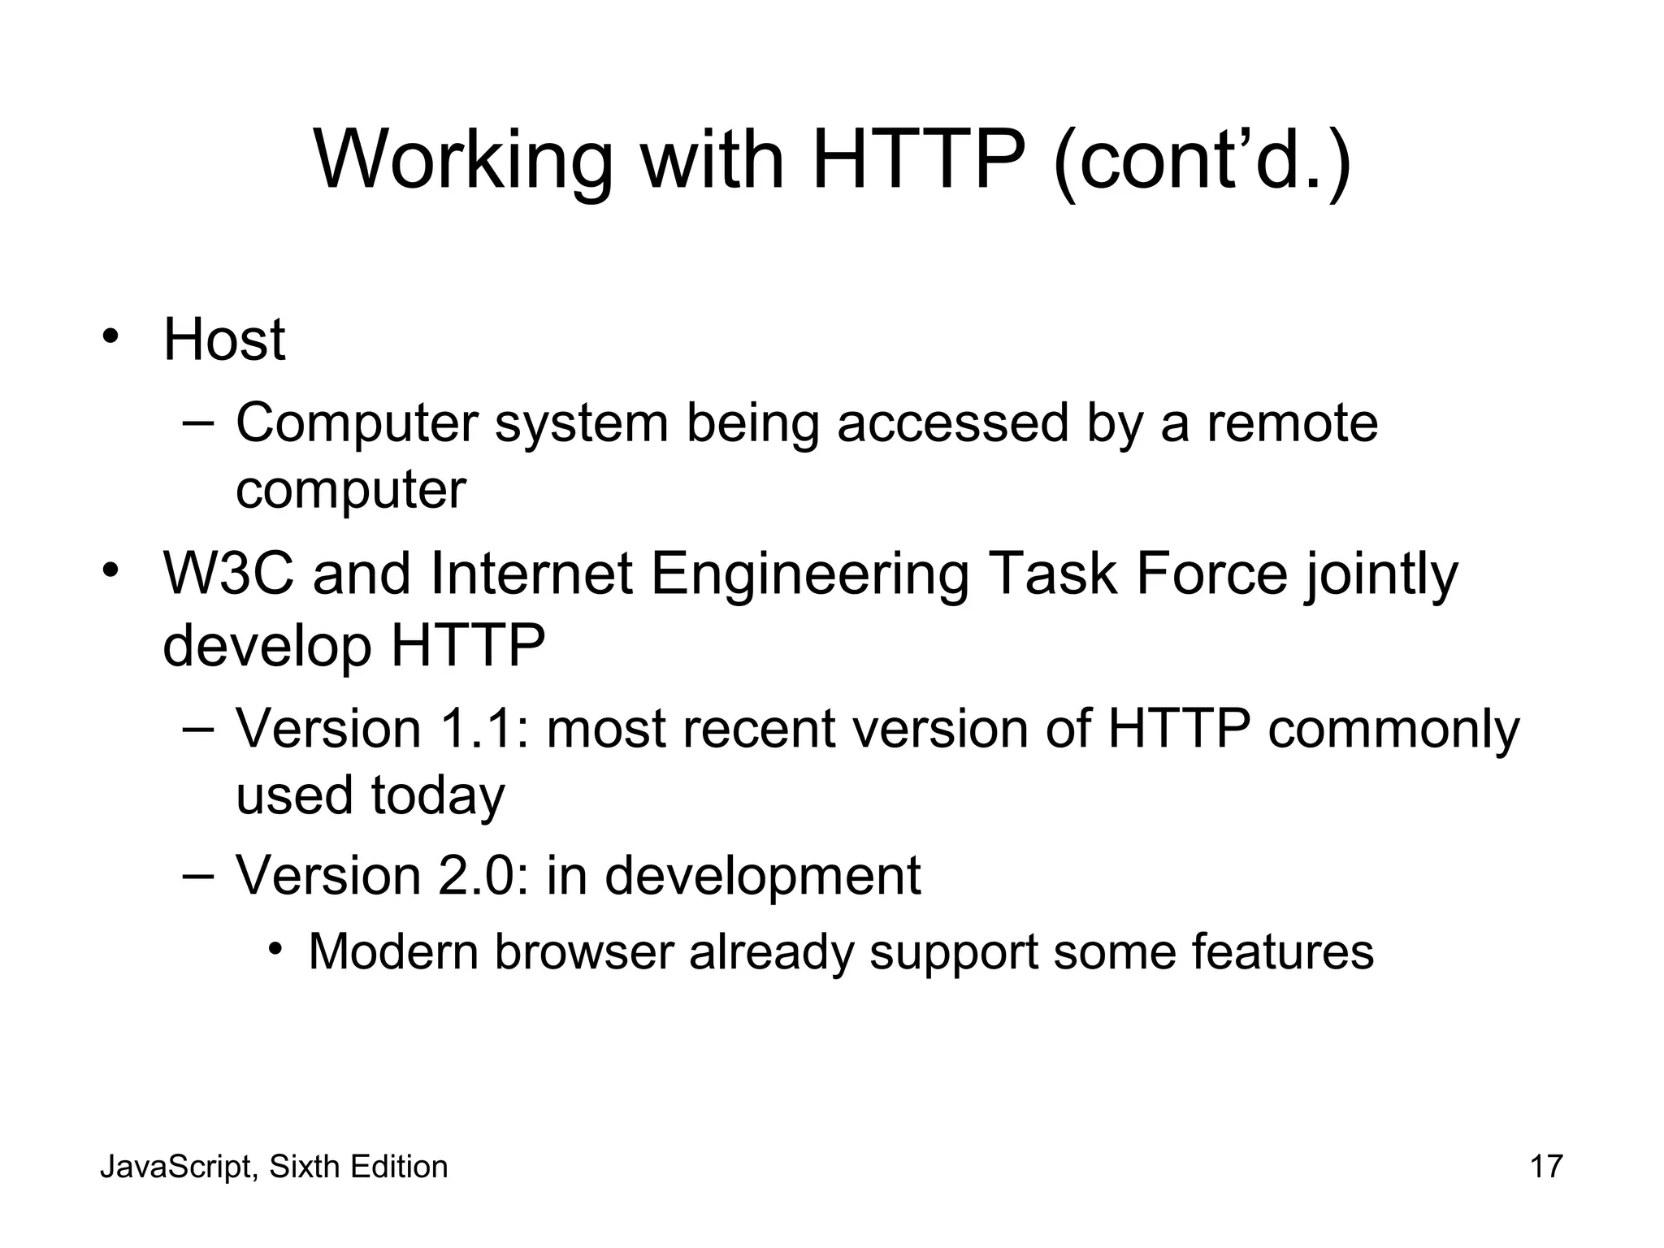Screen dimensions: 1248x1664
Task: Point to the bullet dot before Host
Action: coord(111,336)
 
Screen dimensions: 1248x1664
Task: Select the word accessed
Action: coord(952,423)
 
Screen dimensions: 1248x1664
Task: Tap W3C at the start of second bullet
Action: coord(228,574)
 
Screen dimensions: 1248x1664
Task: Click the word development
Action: coord(762,877)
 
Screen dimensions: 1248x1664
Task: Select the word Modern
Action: coord(393,951)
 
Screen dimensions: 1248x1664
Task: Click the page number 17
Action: coord(1546,1167)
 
